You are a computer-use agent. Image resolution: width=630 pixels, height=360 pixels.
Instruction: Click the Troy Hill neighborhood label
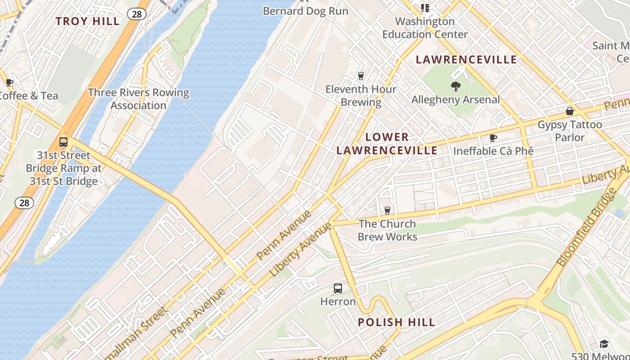(88, 21)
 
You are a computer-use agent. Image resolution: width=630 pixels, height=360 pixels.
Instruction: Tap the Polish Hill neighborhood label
(396, 322)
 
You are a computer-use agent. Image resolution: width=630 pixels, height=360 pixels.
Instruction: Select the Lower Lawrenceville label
(387, 144)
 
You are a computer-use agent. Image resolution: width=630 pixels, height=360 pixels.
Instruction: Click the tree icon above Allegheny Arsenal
(455, 86)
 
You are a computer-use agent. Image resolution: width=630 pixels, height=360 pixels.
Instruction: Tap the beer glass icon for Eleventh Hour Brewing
(360, 76)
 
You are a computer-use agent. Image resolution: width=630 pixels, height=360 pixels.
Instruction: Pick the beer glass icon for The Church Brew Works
(387, 210)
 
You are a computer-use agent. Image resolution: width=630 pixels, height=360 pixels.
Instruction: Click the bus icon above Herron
(337, 288)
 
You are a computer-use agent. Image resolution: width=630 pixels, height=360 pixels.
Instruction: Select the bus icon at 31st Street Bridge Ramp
(63, 142)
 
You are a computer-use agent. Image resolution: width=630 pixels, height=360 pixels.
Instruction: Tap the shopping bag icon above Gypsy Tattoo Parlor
(569, 111)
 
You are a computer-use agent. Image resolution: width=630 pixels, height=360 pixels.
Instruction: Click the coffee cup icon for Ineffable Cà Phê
(493, 138)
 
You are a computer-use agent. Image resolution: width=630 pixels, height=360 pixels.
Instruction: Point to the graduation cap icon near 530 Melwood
(603, 344)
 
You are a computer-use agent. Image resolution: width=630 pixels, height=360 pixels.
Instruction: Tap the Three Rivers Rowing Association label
(139, 99)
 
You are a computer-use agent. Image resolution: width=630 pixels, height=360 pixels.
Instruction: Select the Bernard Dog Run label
(306, 11)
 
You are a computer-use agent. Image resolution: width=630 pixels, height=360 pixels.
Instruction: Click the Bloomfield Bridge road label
(586, 227)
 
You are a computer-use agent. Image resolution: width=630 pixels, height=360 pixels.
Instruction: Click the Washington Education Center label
(425, 27)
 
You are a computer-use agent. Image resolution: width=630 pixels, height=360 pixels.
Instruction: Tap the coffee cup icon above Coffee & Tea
(9, 82)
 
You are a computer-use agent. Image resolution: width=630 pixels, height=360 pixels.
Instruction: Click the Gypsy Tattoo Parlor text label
(570, 130)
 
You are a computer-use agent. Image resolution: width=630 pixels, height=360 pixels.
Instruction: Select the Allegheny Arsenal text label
(455, 99)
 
